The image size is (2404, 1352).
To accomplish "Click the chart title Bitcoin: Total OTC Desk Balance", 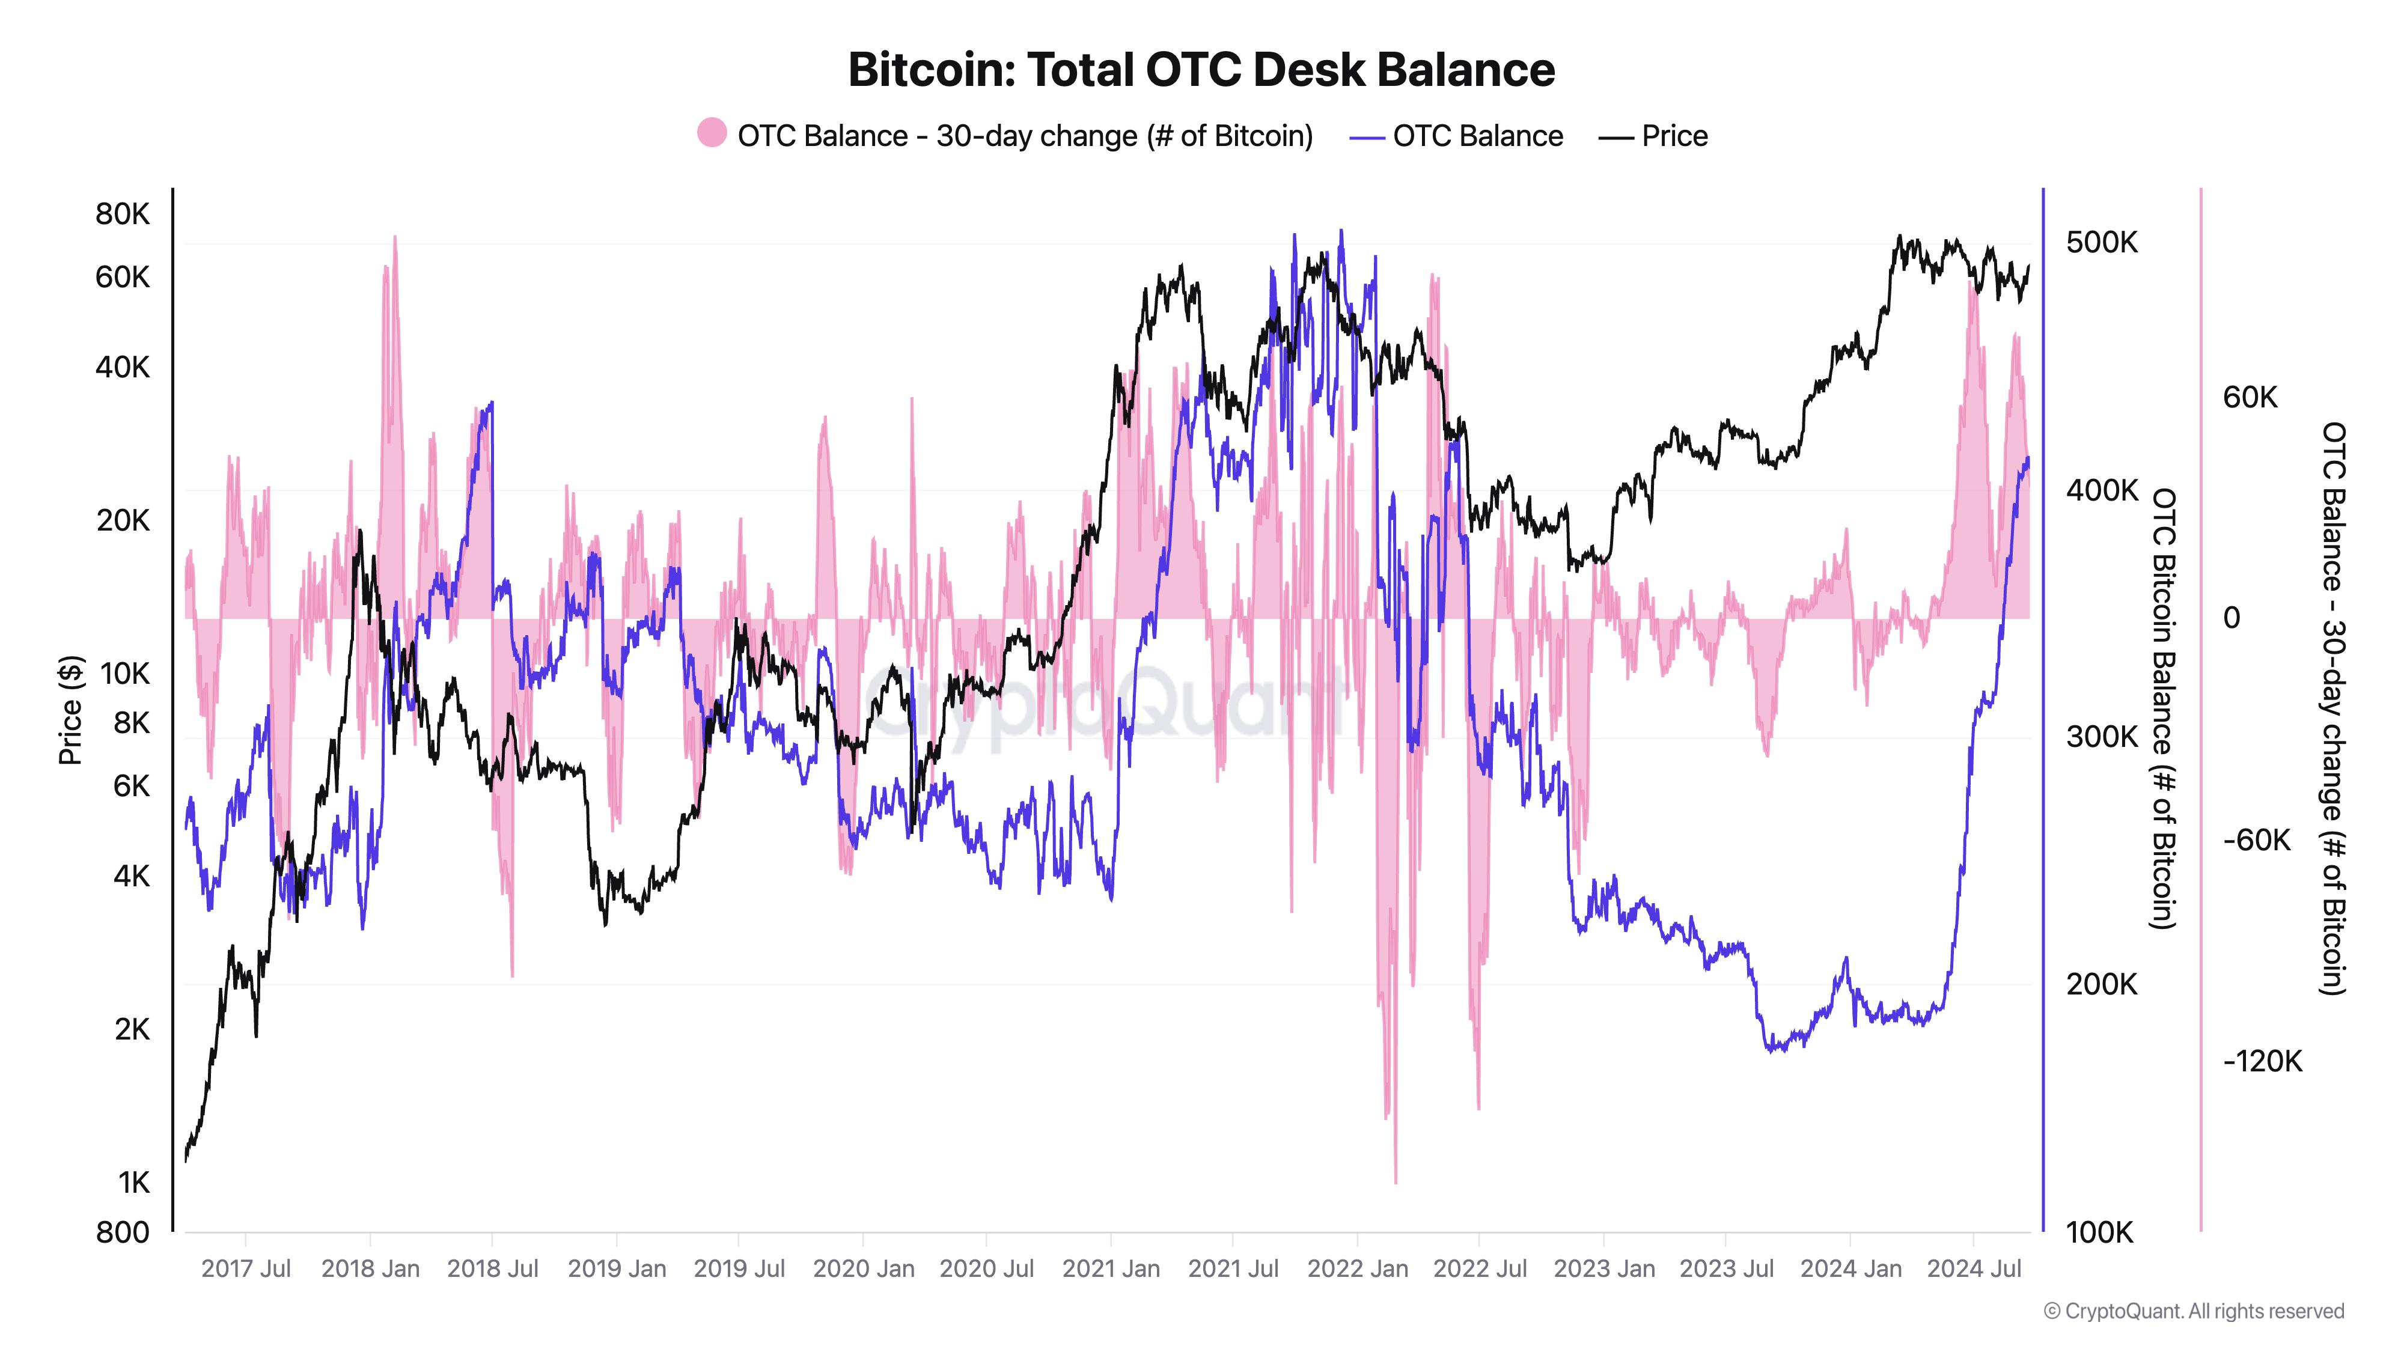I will tap(1201, 70).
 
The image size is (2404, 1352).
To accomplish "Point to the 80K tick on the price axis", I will tap(122, 214).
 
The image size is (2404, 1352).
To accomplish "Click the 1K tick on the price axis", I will tap(133, 1182).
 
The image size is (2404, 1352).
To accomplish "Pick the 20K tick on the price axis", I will tap(122, 520).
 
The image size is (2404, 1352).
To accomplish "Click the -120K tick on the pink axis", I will tap(2262, 1061).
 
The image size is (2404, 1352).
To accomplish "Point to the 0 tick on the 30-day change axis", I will tap(2232, 618).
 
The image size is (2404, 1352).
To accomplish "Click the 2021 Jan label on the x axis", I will tap(1111, 1269).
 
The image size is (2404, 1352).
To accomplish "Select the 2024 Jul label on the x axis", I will tap(1974, 1269).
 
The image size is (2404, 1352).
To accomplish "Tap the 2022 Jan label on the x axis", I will tap(1357, 1269).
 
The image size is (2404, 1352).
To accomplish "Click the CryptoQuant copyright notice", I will tap(2193, 1311).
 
